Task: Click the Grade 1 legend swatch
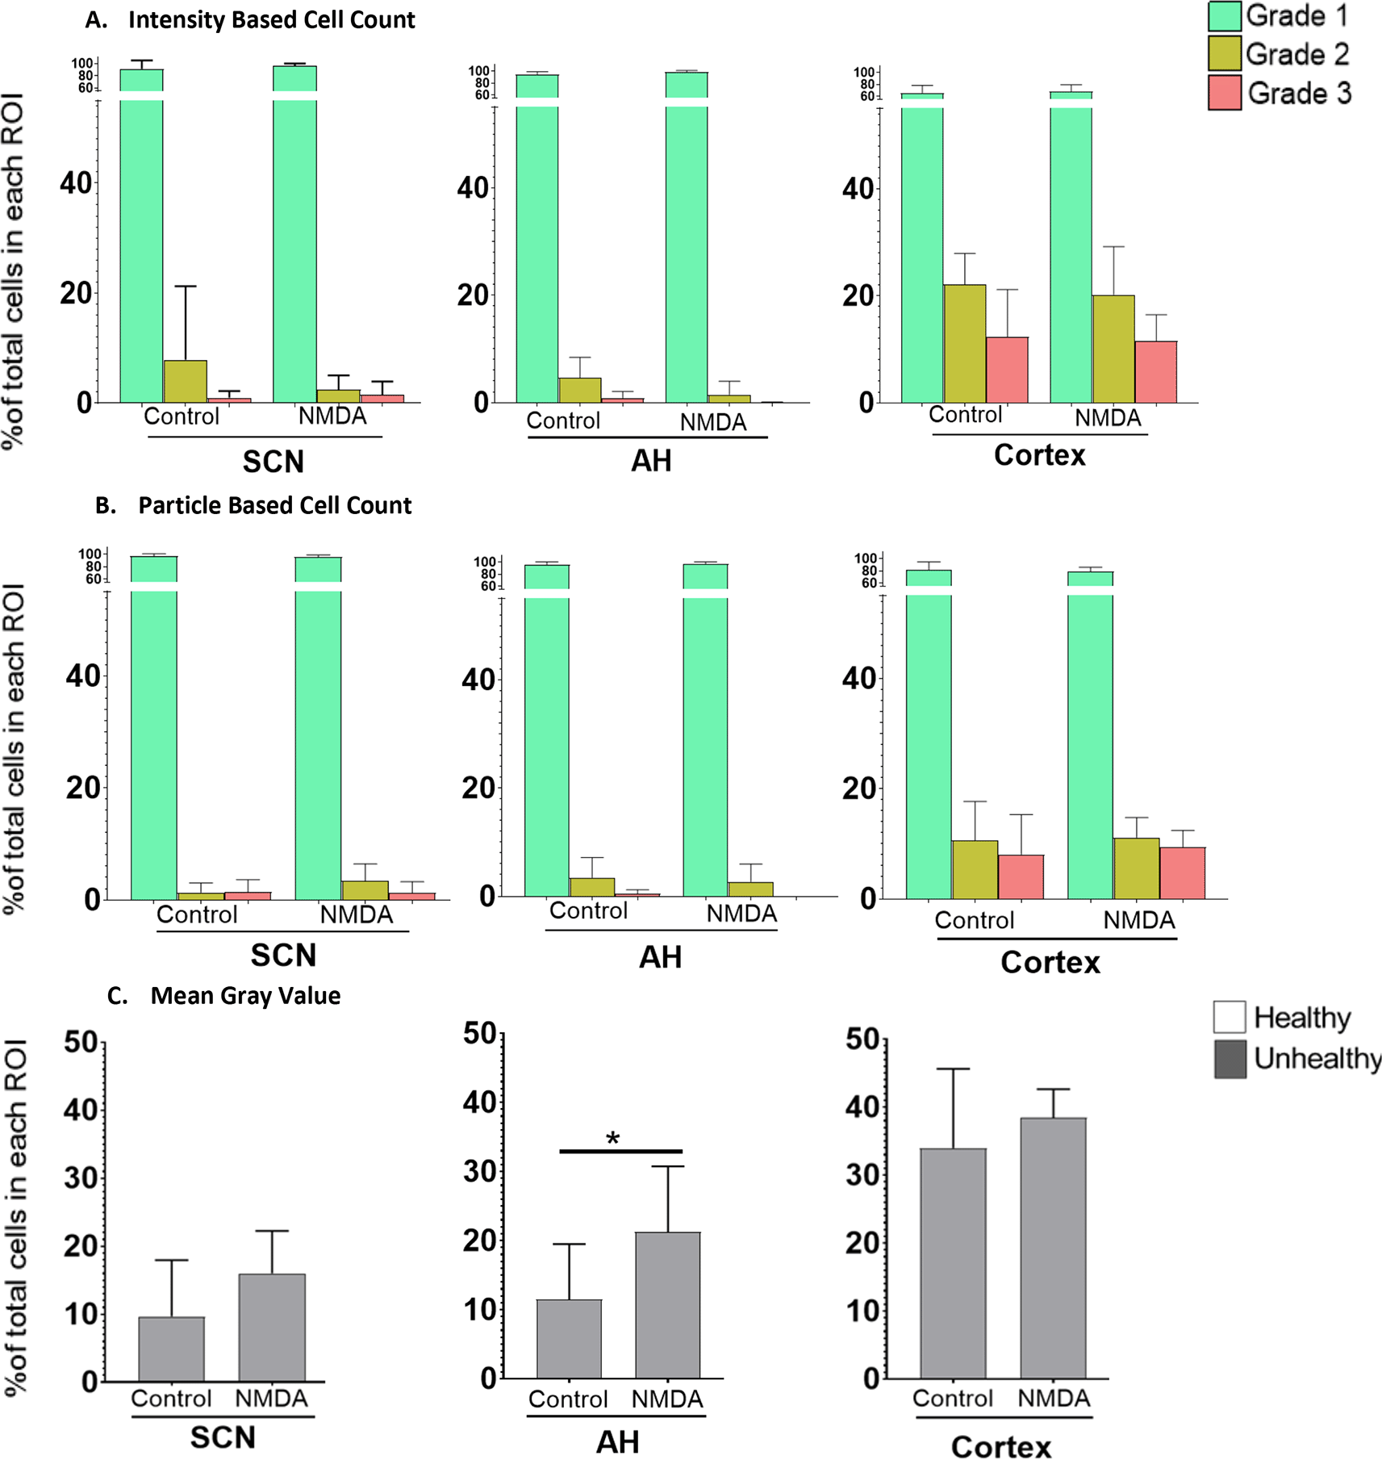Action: click(1224, 16)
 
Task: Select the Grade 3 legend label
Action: click(1299, 94)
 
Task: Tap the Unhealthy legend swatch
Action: click(1230, 1060)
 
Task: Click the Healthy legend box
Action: click(1230, 1018)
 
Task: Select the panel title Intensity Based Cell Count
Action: click(271, 20)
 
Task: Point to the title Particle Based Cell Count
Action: click(274, 506)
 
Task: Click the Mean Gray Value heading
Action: click(245, 996)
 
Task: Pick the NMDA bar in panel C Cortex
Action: click(1053, 1248)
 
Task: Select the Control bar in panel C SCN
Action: click(171, 1349)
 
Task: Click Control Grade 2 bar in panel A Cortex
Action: click(965, 343)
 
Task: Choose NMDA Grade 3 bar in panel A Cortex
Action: click(1156, 372)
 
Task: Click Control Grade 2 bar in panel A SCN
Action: click(186, 382)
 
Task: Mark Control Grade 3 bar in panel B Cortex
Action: click(1021, 877)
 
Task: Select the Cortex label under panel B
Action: click(1050, 963)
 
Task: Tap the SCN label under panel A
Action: click(273, 462)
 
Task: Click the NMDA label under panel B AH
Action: click(741, 914)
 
